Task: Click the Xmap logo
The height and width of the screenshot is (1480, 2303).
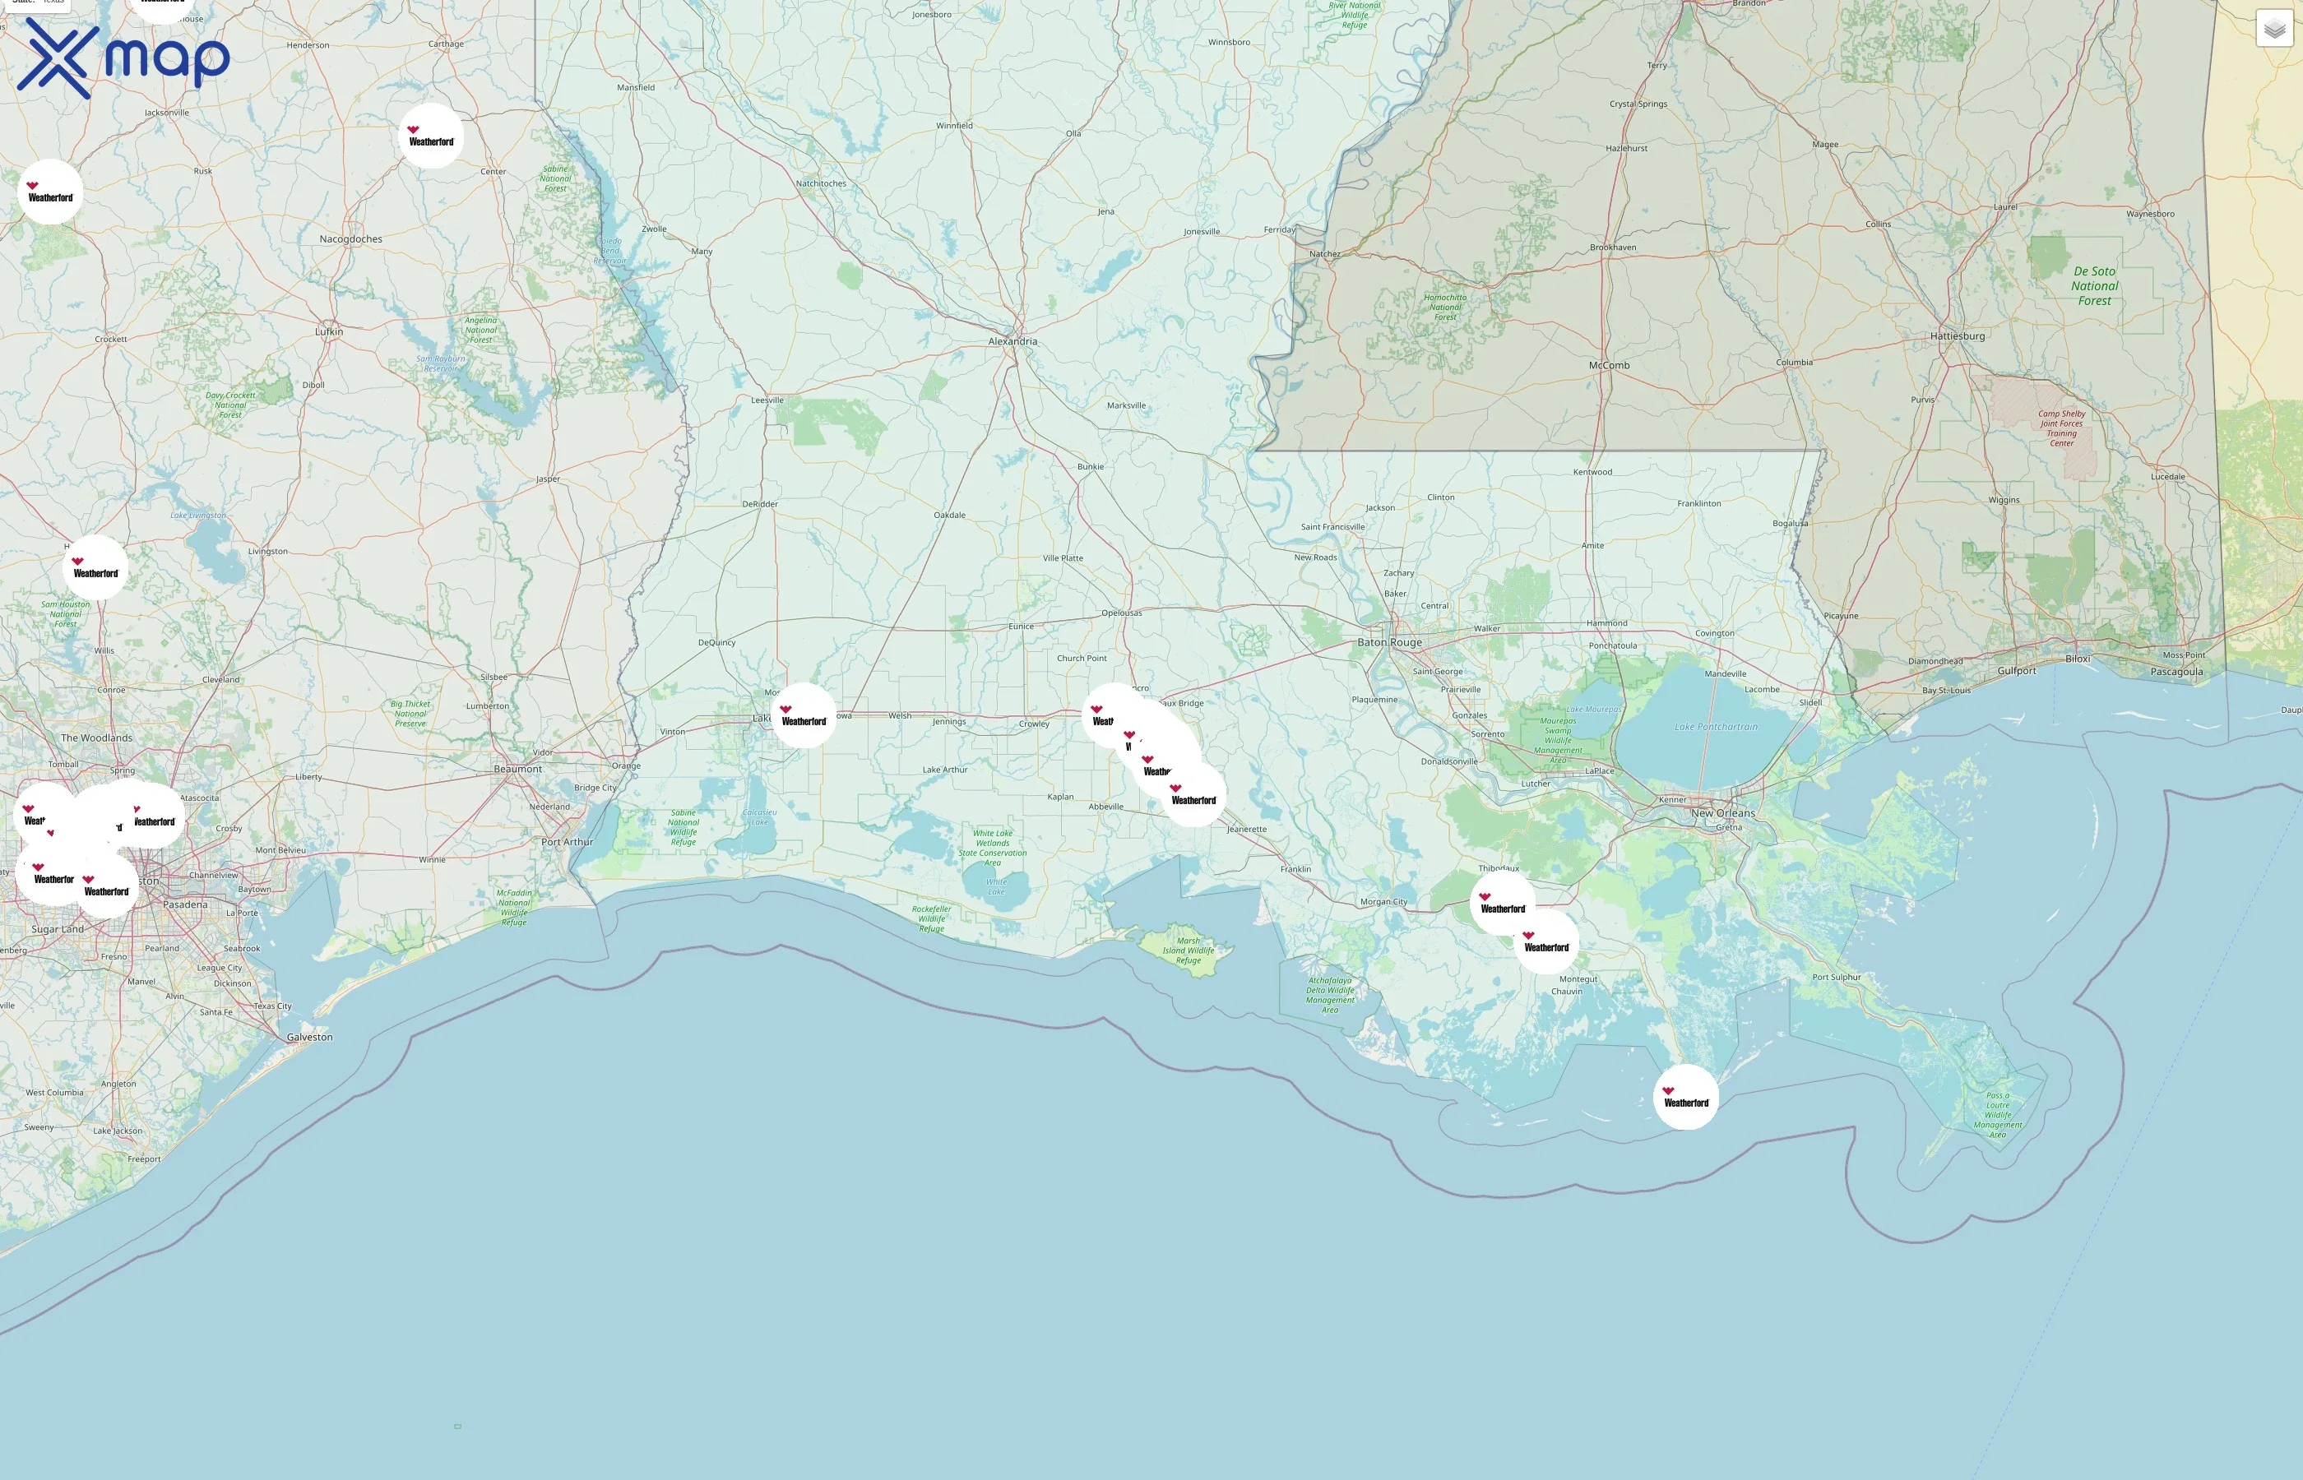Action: pos(123,58)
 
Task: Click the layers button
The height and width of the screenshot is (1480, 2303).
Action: pos(2274,29)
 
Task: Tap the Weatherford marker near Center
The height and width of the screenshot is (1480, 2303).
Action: pos(431,136)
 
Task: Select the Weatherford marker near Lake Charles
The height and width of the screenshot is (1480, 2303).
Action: pos(804,716)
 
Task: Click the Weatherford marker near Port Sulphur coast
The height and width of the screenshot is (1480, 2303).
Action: pos(1686,1098)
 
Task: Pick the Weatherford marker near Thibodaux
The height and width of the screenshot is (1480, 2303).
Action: pos(1503,904)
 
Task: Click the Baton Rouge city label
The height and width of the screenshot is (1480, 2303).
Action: pos(1389,642)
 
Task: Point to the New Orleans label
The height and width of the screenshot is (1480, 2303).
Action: pos(1722,813)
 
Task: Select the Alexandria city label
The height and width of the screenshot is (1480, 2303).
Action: pos(1012,341)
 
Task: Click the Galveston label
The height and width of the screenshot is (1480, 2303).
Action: pos(309,1037)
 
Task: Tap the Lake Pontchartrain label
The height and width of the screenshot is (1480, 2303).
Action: pos(1716,727)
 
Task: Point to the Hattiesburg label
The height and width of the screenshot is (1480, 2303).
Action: pos(1957,336)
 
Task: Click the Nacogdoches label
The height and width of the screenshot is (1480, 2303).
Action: pos(351,239)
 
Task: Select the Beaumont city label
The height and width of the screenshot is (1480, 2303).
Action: pos(517,769)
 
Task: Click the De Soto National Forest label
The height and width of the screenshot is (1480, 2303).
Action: pos(2094,286)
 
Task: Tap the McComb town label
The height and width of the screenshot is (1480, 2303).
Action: pos(1609,365)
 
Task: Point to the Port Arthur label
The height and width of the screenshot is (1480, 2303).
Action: pos(566,842)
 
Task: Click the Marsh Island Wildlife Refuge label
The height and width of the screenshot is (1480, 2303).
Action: pos(1188,950)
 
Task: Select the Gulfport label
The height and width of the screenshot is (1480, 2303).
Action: pos(2016,671)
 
